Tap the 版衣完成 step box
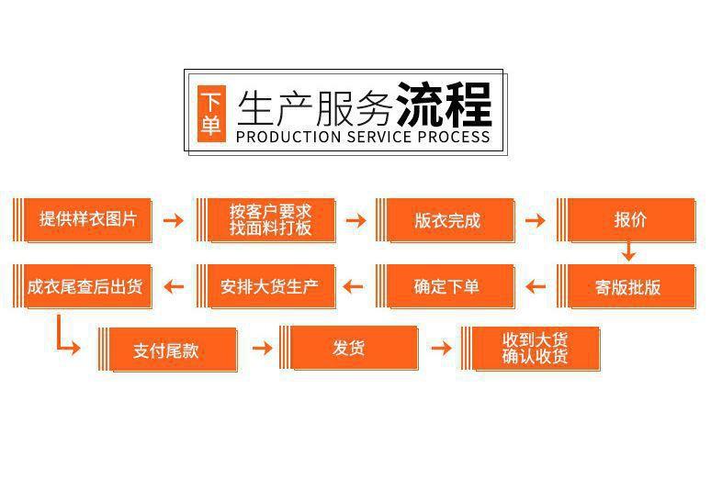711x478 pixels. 446,220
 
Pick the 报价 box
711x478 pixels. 630,220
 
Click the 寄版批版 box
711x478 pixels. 628,286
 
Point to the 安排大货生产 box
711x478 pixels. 267,286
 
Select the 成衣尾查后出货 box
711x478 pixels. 82,286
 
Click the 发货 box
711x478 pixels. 348,348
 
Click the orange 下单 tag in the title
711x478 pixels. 211,113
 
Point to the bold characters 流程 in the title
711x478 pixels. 444,105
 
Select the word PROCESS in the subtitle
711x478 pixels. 454,138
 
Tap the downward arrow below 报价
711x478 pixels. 629,250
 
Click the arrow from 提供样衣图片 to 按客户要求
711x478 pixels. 173,220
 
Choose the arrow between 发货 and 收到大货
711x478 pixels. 442,348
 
